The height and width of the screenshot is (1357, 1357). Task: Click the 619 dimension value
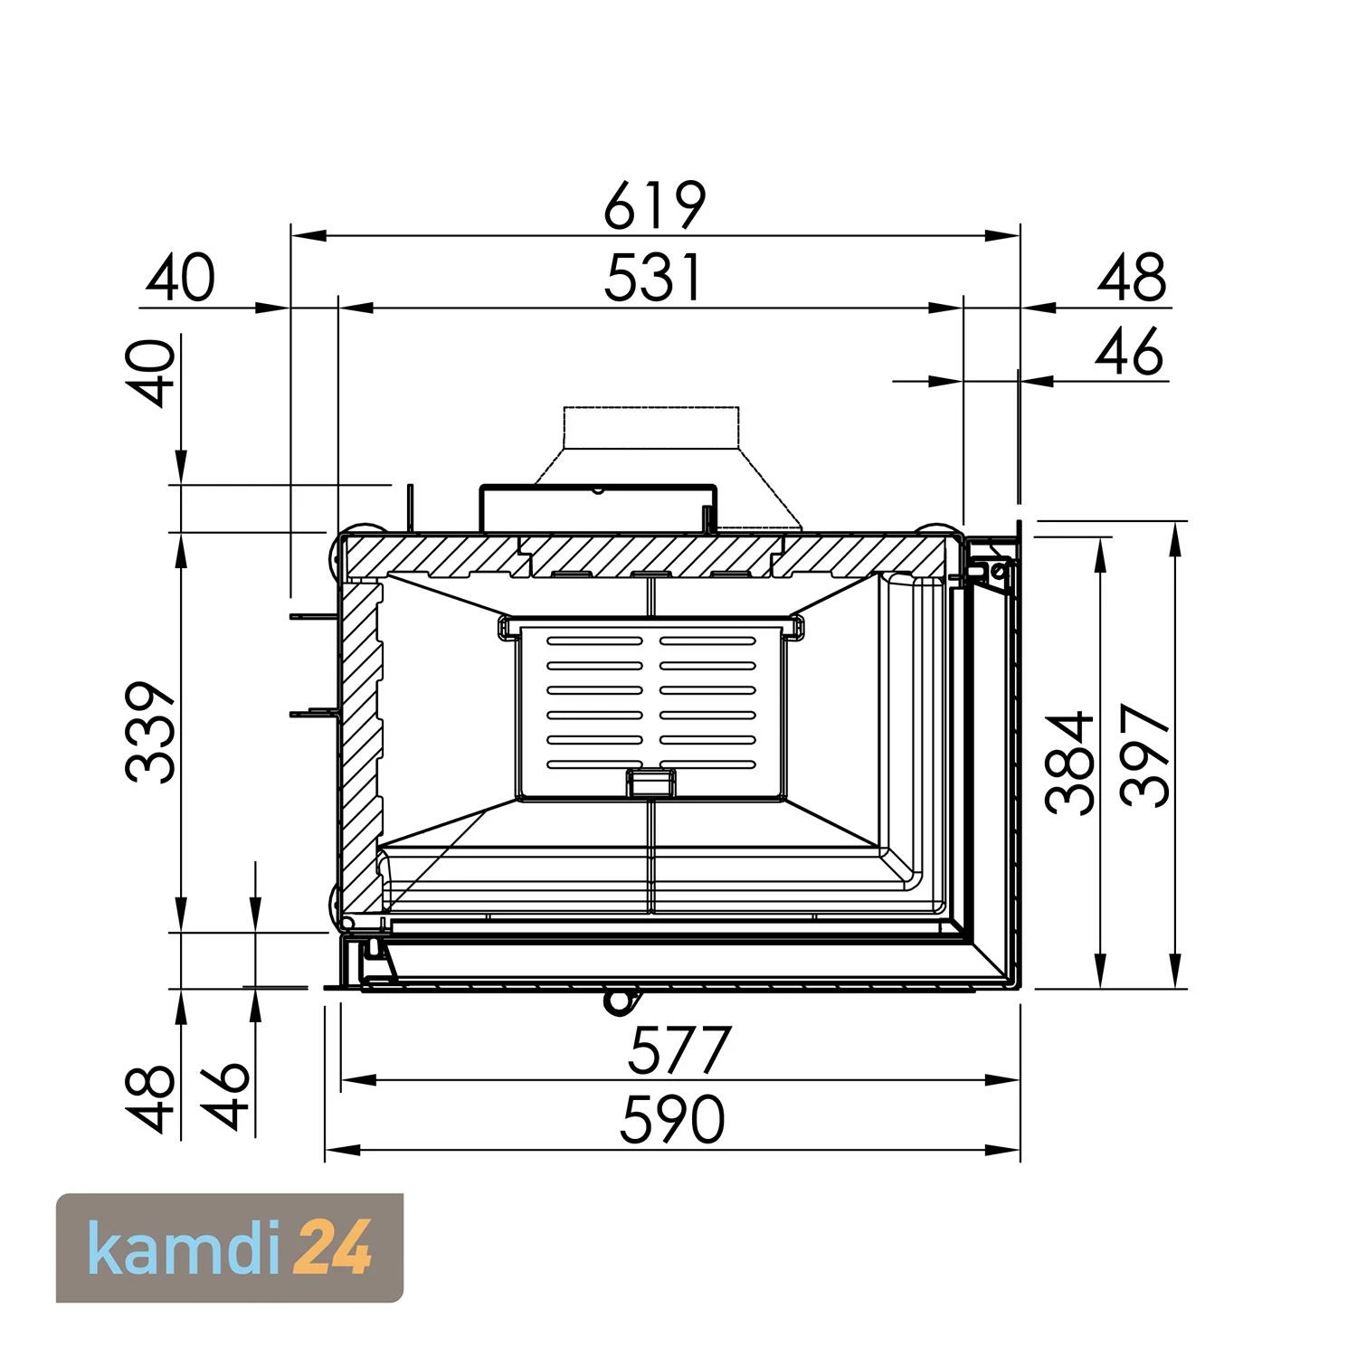click(x=654, y=205)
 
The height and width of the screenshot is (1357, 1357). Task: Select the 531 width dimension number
click(x=652, y=278)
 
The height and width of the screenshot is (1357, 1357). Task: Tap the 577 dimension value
click(x=679, y=1049)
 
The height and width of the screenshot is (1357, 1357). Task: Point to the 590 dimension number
click(x=673, y=1121)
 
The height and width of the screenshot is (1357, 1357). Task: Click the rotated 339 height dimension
click(x=149, y=733)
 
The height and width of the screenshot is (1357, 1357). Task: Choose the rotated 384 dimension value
click(x=1068, y=764)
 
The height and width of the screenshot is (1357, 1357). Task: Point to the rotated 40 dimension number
click(x=149, y=374)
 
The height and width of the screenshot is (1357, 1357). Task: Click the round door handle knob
click(x=619, y=1000)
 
